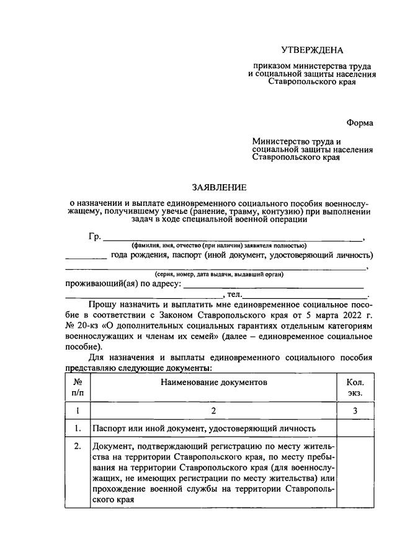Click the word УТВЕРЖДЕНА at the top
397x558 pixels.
point(311,49)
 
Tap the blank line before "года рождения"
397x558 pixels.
point(86,256)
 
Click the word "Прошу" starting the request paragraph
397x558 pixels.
point(102,305)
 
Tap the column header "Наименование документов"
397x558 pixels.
point(214,383)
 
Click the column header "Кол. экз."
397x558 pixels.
point(355,387)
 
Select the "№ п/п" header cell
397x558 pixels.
point(78,387)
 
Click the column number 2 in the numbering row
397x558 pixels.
point(214,410)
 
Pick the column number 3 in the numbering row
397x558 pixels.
point(355,410)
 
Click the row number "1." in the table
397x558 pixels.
point(78,428)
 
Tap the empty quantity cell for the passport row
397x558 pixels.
point(355,428)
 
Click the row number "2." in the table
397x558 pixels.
point(78,447)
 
